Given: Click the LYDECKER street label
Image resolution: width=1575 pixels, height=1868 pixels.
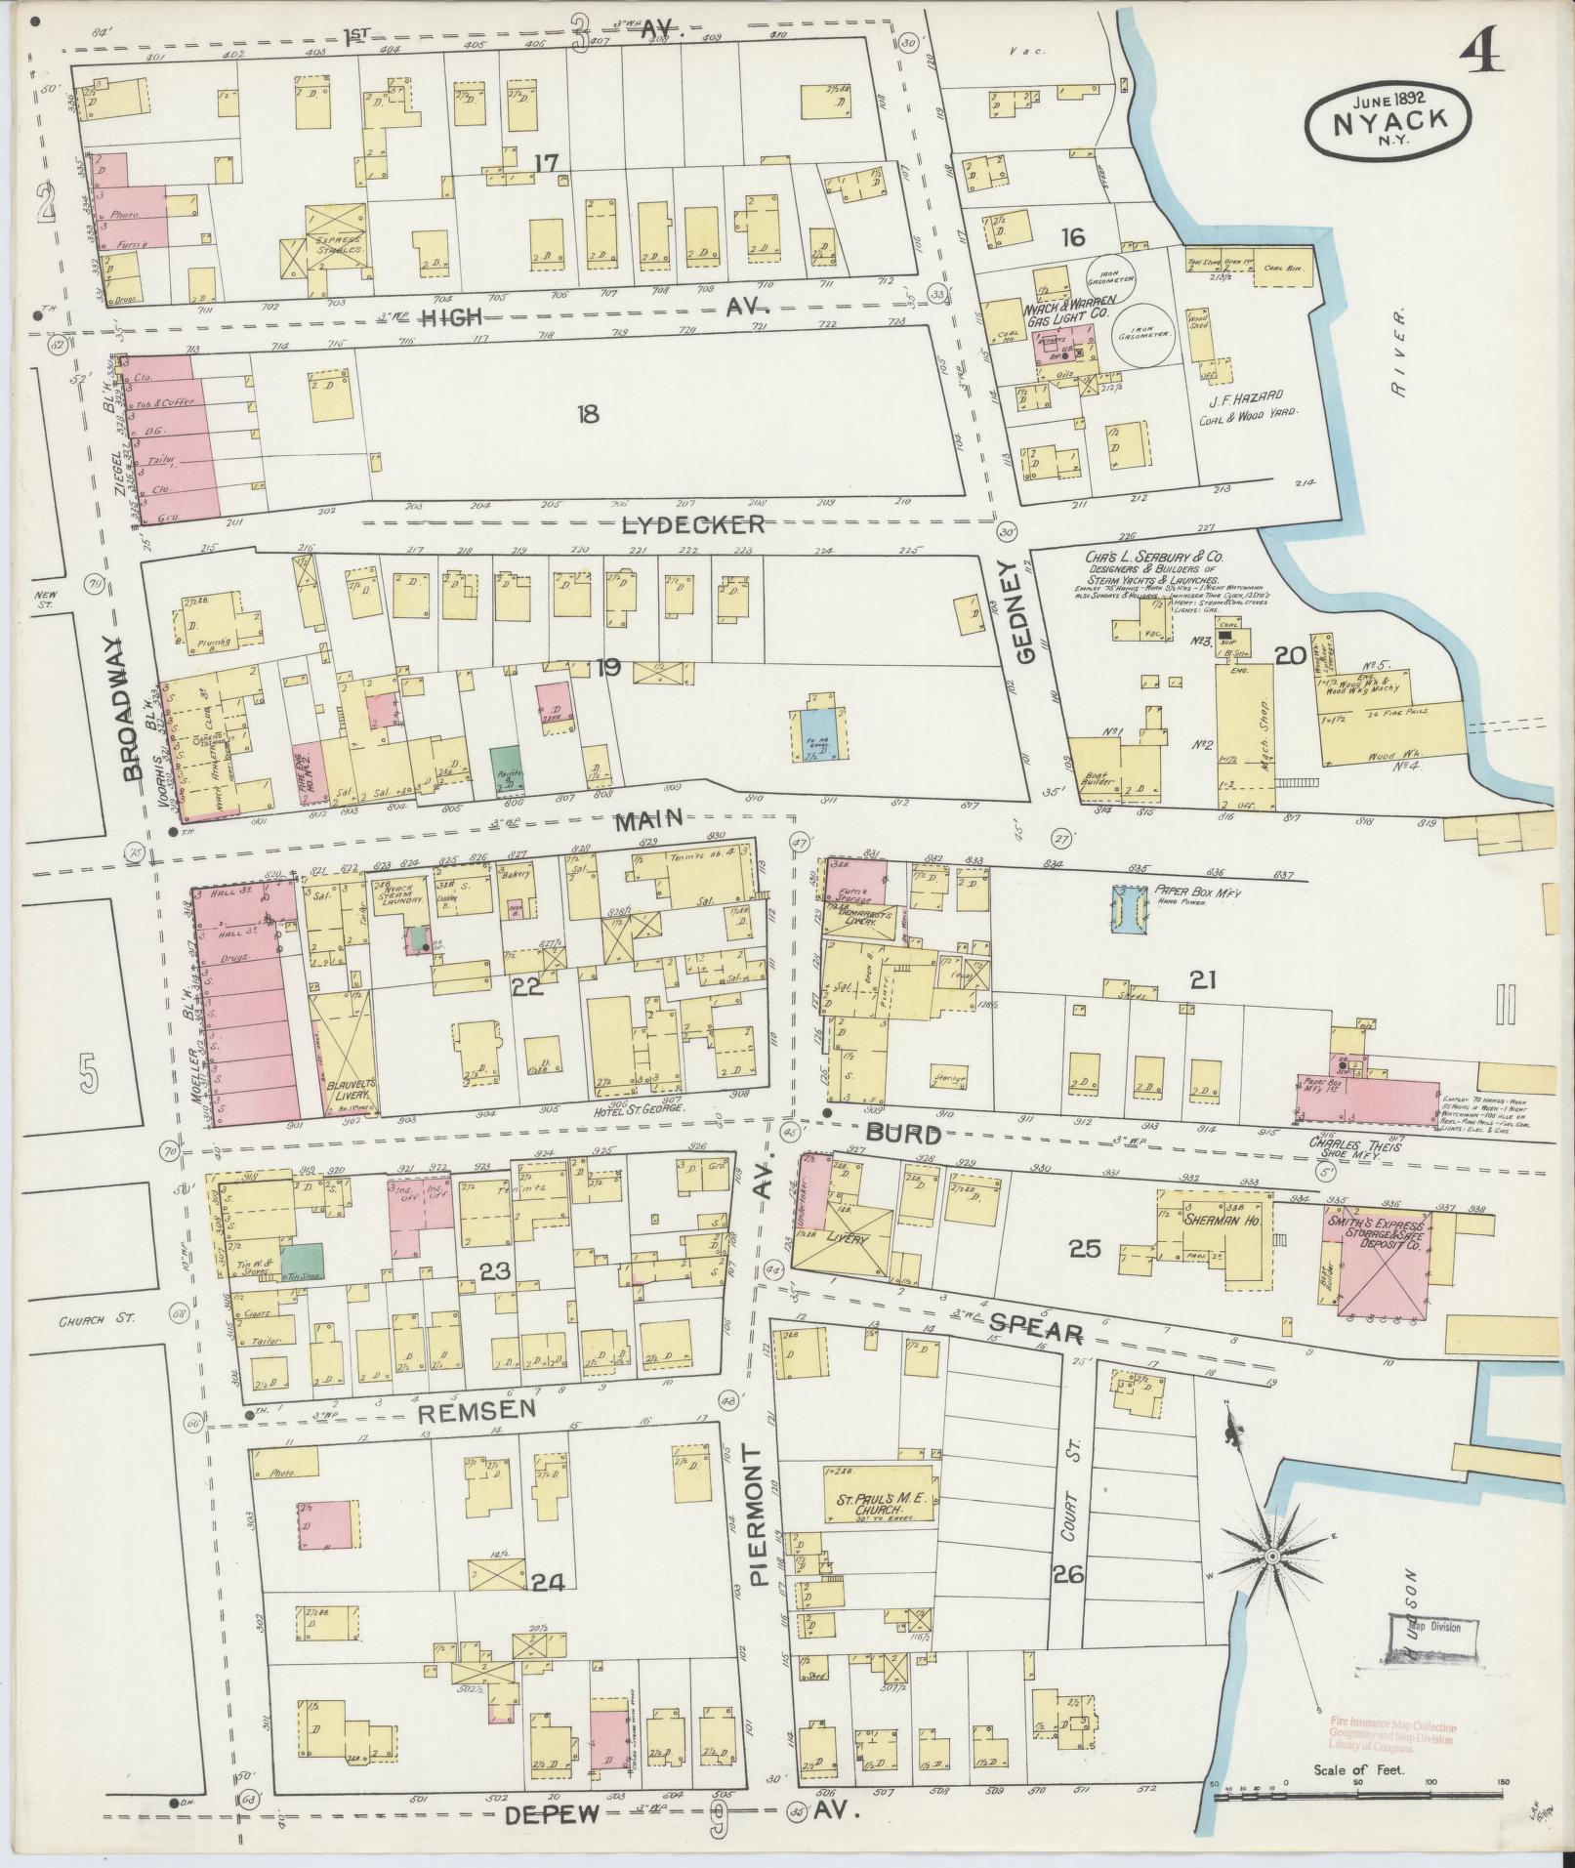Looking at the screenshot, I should pos(694,524).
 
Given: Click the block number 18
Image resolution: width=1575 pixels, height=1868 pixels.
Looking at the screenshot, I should pos(587,414).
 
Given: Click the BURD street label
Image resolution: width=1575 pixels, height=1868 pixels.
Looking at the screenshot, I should pos(903,1134).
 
